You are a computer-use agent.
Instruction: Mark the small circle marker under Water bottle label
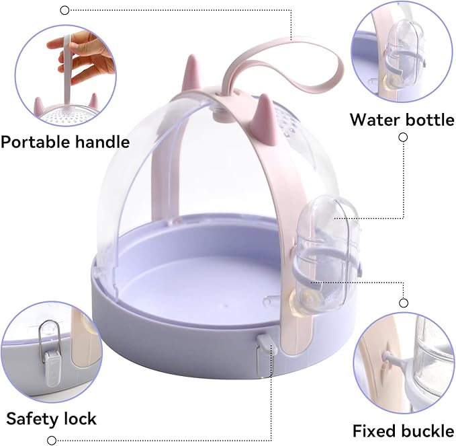pyautogui.click(x=403, y=137)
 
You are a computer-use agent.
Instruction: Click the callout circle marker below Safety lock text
pyautogui.click(x=51, y=440)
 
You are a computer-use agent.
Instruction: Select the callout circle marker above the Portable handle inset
pyautogui.click(x=64, y=9)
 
